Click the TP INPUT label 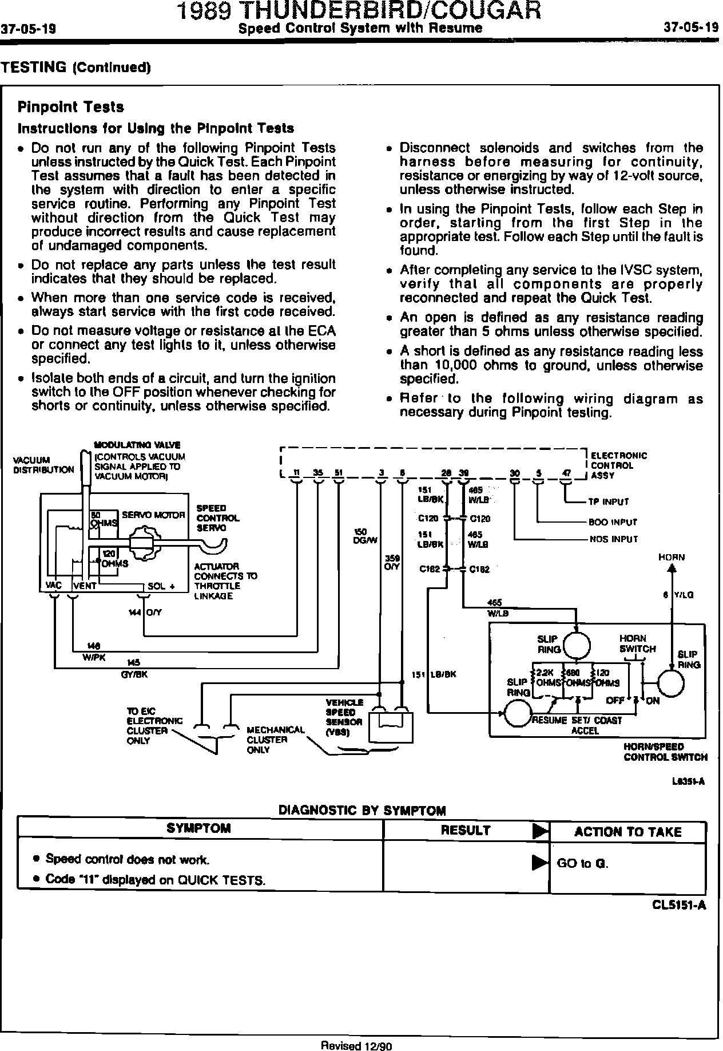click(x=609, y=502)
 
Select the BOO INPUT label click(x=613, y=522)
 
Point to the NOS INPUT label click(x=613, y=539)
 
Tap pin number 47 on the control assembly click(x=566, y=473)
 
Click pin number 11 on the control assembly click(x=296, y=473)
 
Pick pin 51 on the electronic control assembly click(x=339, y=473)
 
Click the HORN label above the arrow click(x=672, y=557)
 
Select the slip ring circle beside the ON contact click(x=671, y=683)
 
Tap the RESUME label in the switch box click(x=549, y=720)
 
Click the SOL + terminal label click(x=160, y=586)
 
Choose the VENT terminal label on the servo click(x=84, y=586)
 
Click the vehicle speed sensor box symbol click(x=392, y=726)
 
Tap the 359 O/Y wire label click(x=392, y=562)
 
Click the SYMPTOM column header click(x=199, y=828)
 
